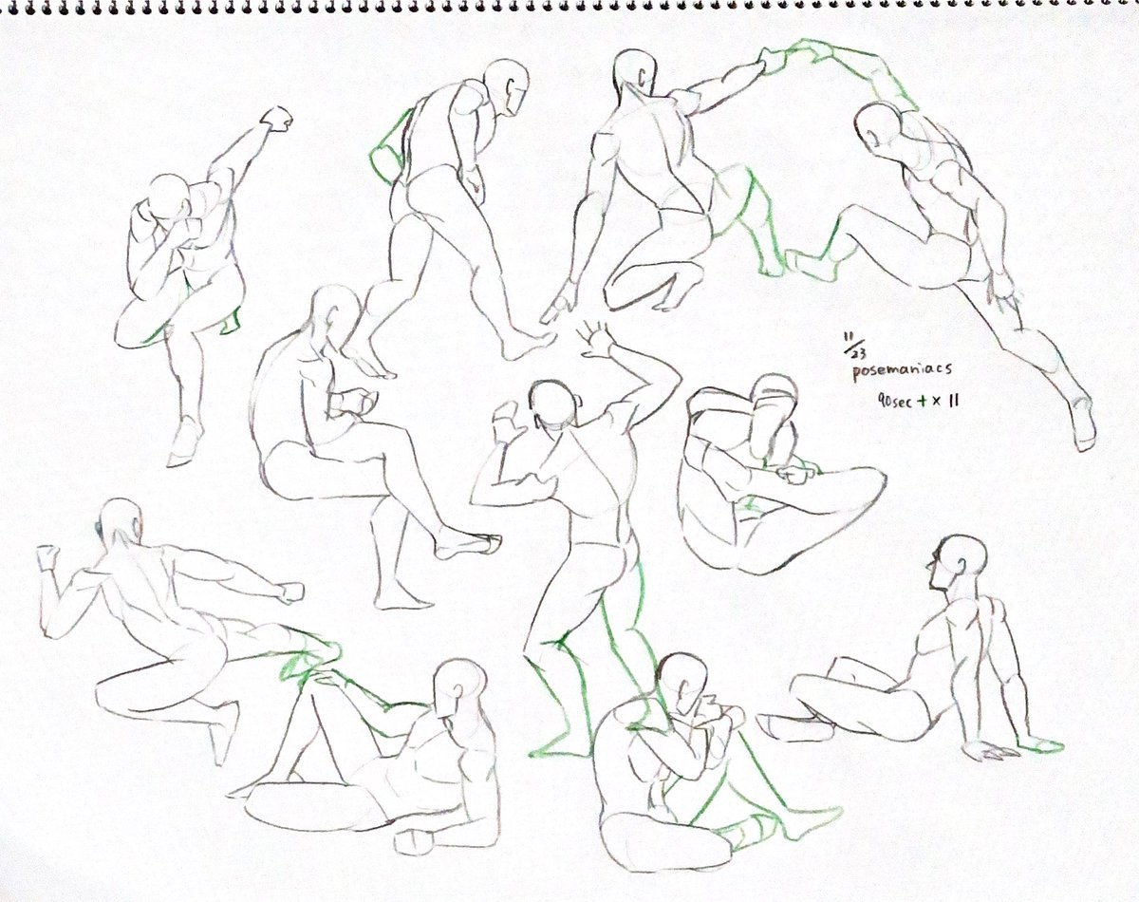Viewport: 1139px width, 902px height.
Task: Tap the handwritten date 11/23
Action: click(x=853, y=345)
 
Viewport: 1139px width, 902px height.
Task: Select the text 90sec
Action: click(x=894, y=402)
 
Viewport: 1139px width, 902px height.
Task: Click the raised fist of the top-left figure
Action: click(x=277, y=119)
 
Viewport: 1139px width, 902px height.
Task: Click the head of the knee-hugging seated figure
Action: click(x=683, y=681)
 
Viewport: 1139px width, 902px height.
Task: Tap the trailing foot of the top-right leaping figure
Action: click(x=1083, y=424)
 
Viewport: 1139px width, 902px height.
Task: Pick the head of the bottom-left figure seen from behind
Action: click(x=121, y=522)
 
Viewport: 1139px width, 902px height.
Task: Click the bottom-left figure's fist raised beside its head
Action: click(x=48, y=558)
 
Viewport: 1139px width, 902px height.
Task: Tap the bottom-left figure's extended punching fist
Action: click(x=291, y=592)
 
